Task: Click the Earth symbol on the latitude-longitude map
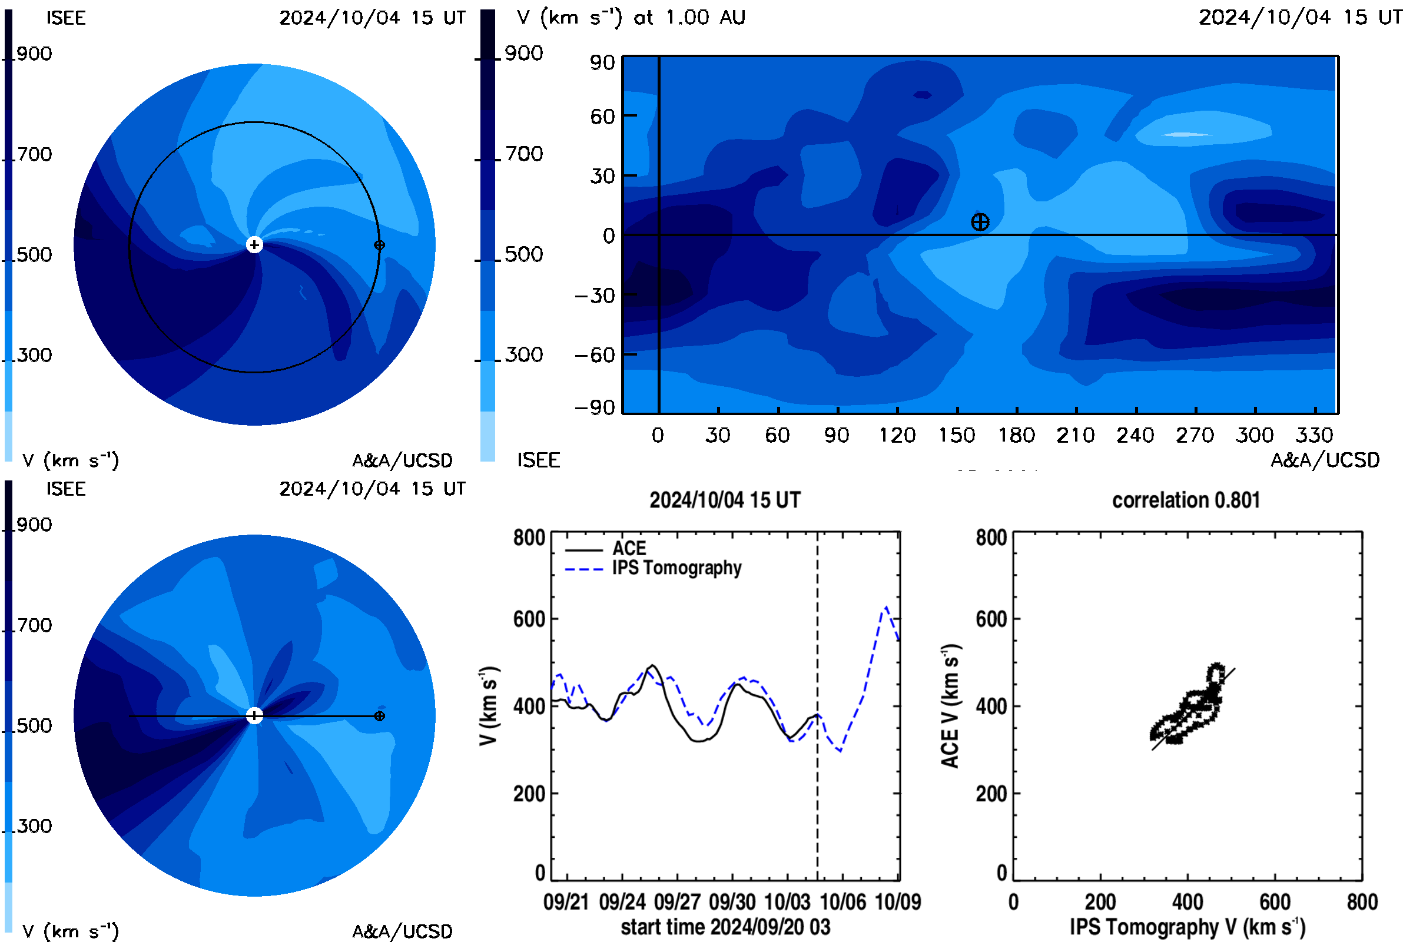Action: pyautogui.click(x=980, y=223)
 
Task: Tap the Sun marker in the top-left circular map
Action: pyautogui.click(x=254, y=244)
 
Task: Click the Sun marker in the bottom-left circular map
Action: pyautogui.click(x=254, y=715)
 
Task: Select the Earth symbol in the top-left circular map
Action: pyautogui.click(x=379, y=245)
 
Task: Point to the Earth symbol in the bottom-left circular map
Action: pyautogui.click(x=379, y=716)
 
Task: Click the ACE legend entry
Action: pyautogui.click(x=606, y=549)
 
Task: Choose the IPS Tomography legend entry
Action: pyautogui.click(x=653, y=568)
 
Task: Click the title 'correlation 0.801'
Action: pyautogui.click(x=1186, y=500)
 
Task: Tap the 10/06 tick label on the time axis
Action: pyautogui.click(x=843, y=902)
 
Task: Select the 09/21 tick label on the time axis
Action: pyautogui.click(x=566, y=902)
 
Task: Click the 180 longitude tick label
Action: pyautogui.click(x=1017, y=435)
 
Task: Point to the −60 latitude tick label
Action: pyautogui.click(x=595, y=355)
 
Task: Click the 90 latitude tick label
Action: pyautogui.click(x=602, y=62)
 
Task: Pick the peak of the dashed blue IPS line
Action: pyautogui.click(x=886, y=608)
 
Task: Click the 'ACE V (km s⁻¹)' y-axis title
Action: pyautogui.click(x=950, y=706)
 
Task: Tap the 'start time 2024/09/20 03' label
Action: pyautogui.click(x=726, y=927)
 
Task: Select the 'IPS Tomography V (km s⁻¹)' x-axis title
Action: pyautogui.click(x=1188, y=927)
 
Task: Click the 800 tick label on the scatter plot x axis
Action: pyautogui.click(x=1362, y=902)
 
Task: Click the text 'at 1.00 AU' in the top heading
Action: pyautogui.click(x=689, y=18)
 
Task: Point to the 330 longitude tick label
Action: pyautogui.click(x=1315, y=435)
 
